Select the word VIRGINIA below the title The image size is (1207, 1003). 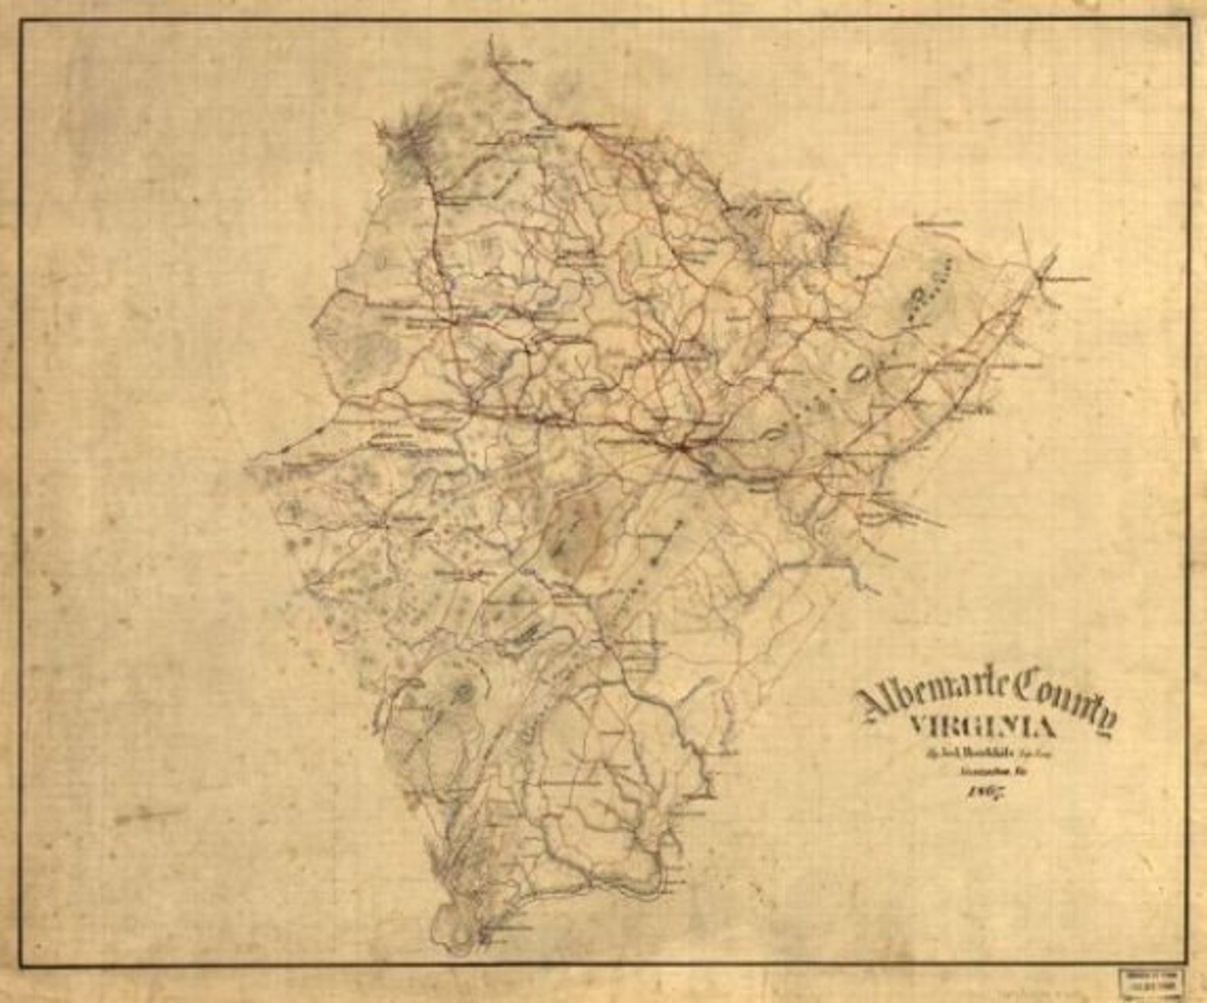(982, 728)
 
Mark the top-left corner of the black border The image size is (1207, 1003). (21, 21)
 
